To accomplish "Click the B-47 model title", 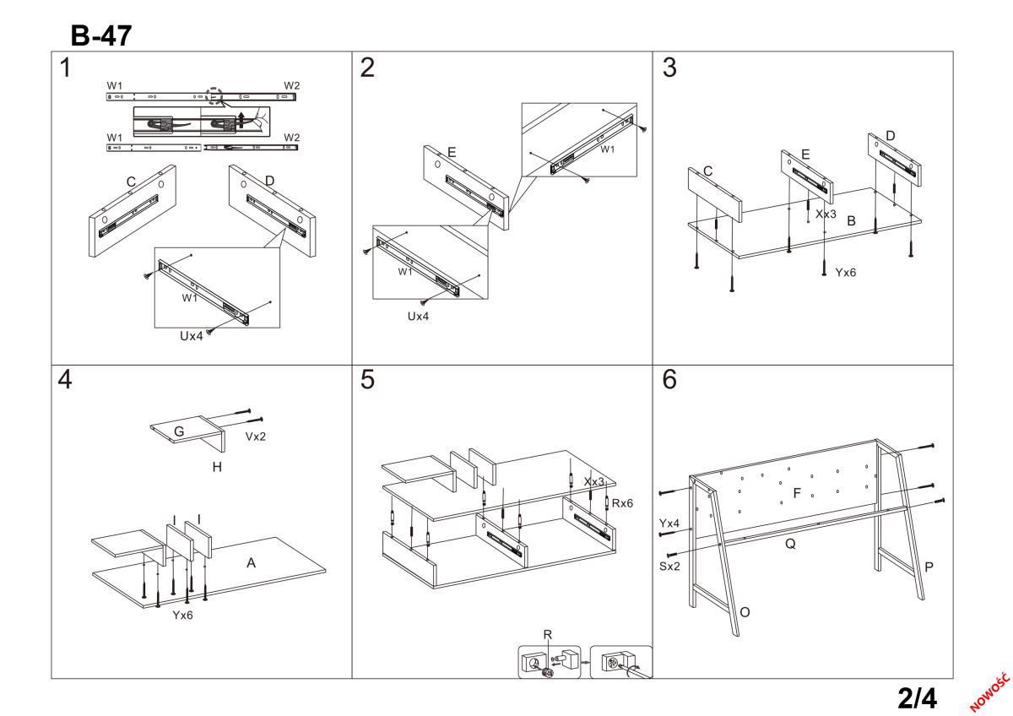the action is pyautogui.click(x=101, y=35).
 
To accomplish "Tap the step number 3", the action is pyautogui.click(x=669, y=68).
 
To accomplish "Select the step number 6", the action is pyautogui.click(x=669, y=379).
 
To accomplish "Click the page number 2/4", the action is pyautogui.click(x=918, y=698).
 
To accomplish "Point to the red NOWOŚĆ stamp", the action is pyautogui.click(x=989, y=692).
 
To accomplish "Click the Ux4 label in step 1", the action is pyautogui.click(x=192, y=336).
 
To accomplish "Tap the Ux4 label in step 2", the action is pyautogui.click(x=418, y=316).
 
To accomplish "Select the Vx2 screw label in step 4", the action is pyautogui.click(x=256, y=437).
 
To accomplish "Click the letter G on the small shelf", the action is pyautogui.click(x=179, y=431).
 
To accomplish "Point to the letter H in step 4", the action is pyautogui.click(x=217, y=467).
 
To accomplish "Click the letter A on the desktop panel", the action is pyautogui.click(x=251, y=562).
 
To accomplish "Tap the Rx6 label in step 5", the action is pyautogui.click(x=622, y=503).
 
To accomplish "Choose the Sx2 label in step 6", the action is pyautogui.click(x=669, y=567).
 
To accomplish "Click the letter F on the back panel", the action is pyautogui.click(x=797, y=492).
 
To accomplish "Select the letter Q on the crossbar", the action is pyautogui.click(x=790, y=544).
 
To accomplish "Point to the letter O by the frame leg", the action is pyautogui.click(x=745, y=612).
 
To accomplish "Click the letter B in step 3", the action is pyautogui.click(x=851, y=220).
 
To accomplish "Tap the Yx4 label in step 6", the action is pyautogui.click(x=669, y=523).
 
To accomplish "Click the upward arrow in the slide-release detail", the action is pyautogui.click(x=241, y=120).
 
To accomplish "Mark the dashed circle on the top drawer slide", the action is pyautogui.click(x=214, y=96).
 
